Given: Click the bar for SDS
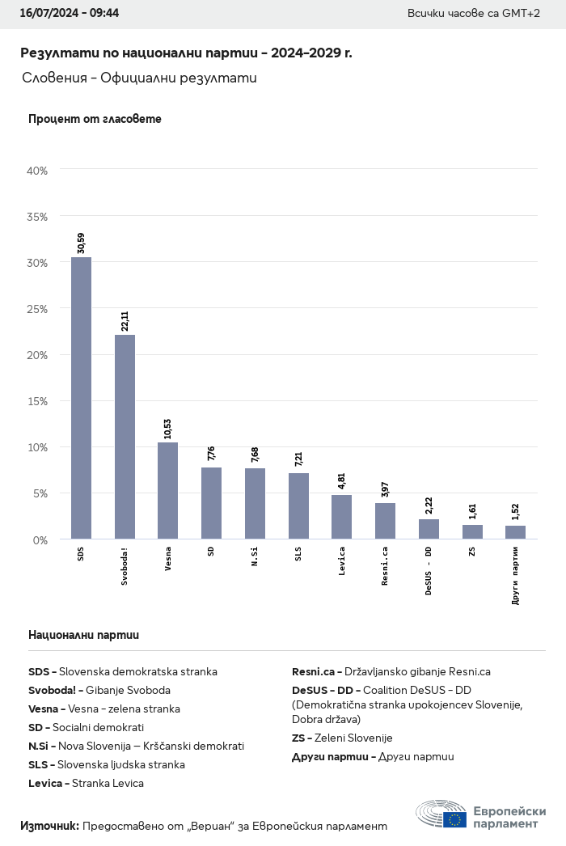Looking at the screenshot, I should click(81, 398).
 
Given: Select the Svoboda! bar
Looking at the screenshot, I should click(125, 437).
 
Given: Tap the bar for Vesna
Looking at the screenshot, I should click(167, 490).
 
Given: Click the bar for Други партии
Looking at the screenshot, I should click(515, 532).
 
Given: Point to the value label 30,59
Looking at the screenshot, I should click(81, 243).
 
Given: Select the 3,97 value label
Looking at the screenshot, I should click(385, 490).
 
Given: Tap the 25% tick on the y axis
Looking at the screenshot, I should click(38, 309).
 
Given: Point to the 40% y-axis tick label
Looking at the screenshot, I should click(38, 171).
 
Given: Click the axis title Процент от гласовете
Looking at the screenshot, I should click(95, 119).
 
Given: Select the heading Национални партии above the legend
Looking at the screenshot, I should click(83, 635).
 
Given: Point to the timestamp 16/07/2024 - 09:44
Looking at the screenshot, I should click(69, 14).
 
